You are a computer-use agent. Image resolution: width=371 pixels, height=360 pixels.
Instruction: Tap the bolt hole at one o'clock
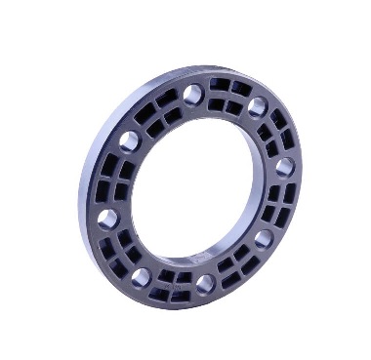[259, 105]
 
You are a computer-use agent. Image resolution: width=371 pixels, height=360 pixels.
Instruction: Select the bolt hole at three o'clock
[284, 167]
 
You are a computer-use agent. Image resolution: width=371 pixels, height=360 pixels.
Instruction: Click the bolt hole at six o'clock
[204, 285]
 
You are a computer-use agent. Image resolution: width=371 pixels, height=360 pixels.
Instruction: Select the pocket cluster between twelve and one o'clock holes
[227, 96]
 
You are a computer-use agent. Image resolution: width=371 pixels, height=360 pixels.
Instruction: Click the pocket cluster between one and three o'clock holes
[276, 133]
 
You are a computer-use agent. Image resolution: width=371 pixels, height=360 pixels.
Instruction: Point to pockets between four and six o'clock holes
[236, 267]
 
